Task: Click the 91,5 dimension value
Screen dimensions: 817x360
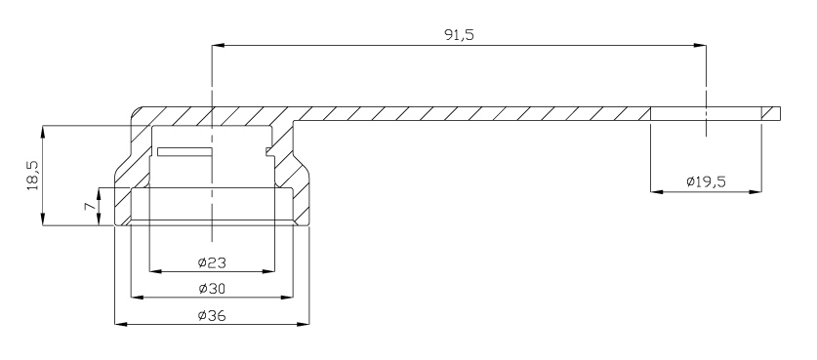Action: coord(459,35)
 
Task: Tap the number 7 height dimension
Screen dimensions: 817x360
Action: coord(90,206)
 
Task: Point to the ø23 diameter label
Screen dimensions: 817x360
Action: coord(212,262)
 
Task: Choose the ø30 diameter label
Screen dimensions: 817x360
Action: coord(212,288)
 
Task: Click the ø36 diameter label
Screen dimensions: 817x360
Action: coord(212,315)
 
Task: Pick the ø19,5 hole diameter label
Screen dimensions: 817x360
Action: coord(706,181)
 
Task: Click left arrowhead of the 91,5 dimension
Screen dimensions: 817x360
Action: coord(218,46)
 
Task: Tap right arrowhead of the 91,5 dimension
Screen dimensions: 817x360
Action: coord(700,46)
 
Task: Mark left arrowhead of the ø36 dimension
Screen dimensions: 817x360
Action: coord(121,324)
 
